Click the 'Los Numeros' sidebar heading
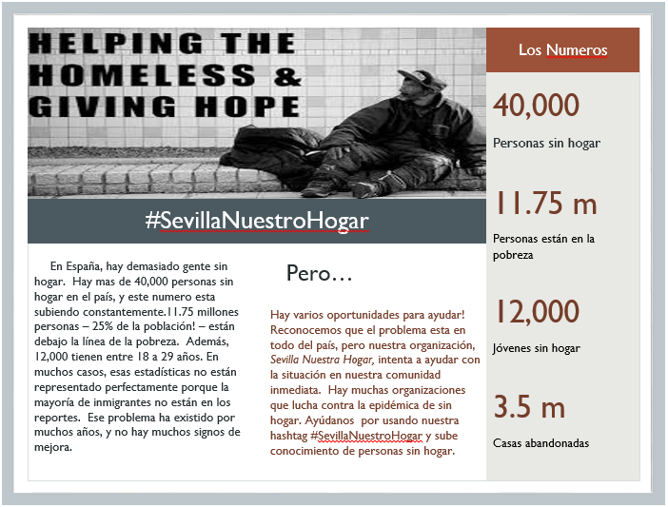tap(562, 50)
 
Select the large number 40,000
tap(536, 105)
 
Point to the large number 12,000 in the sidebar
tap(536, 311)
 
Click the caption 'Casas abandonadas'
tap(540, 443)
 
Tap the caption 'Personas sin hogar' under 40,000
tap(546, 144)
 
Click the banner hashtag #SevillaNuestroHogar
tap(257, 221)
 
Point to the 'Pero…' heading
tap(320, 274)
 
